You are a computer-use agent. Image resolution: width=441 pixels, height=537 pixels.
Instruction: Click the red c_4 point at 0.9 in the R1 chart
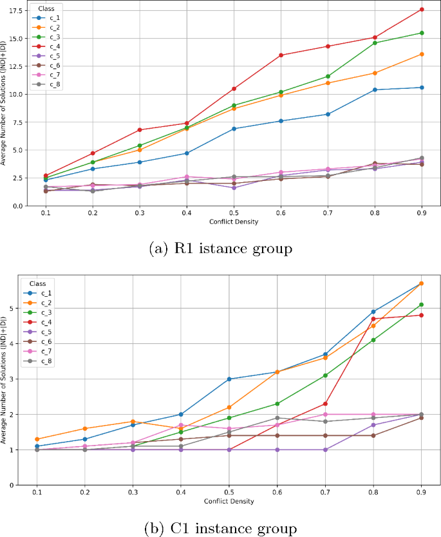(x=422, y=9)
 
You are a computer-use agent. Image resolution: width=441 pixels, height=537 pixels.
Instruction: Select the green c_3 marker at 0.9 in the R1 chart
(x=422, y=33)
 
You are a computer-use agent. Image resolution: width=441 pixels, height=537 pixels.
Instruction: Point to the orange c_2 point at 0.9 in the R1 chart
(x=422, y=54)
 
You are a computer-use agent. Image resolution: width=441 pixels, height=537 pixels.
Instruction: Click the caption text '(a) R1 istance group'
(x=220, y=249)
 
